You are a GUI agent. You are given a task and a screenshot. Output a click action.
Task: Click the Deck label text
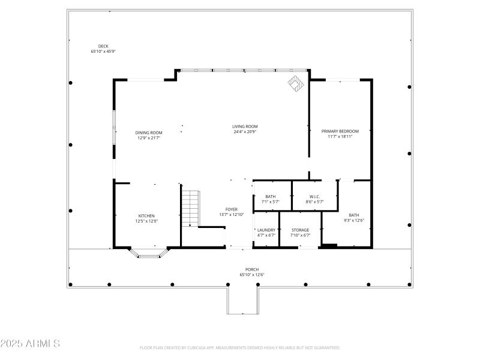click(x=103, y=46)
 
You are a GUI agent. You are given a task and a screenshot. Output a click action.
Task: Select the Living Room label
click(x=245, y=126)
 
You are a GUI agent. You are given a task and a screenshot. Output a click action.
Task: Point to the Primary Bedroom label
click(x=340, y=131)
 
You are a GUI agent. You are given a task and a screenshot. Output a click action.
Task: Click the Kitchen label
click(x=146, y=215)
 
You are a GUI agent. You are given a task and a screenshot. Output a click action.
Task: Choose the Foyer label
click(x=232, y=209)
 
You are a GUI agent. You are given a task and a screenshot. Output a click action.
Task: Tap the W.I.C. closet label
click(x=315, y=196)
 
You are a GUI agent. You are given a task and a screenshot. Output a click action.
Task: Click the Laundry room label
click(x=266, y=230)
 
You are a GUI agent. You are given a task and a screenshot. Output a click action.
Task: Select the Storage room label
click(x=300, y=230)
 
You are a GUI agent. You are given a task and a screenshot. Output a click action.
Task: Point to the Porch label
click(x=252, y=269)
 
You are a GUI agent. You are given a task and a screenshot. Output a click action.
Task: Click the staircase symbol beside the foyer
click(x=190, y=208)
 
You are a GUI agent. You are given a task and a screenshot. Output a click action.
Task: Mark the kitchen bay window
click(x=146, y=253)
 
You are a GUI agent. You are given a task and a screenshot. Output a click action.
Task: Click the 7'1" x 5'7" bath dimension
click(x=271, y=202)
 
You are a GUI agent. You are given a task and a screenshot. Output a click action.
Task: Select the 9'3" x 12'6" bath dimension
click(x=354, y=220)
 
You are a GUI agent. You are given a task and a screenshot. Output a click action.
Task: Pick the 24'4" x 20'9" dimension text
click(x=245, y=131)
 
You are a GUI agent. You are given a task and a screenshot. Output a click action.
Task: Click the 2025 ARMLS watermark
click(x=30, y=344)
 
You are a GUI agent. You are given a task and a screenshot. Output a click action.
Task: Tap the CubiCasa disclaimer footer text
click(x=240, y=347)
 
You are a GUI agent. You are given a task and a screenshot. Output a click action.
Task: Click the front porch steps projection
click(x=242, y=300)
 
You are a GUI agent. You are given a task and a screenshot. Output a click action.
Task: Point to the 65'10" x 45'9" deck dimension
click(x=103, y=52)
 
